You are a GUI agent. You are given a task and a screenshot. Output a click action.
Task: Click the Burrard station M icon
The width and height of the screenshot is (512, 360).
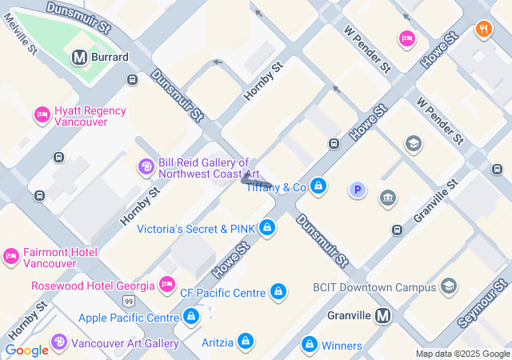[78, 57]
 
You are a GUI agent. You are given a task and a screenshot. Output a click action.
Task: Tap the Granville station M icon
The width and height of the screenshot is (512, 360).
[383, 315]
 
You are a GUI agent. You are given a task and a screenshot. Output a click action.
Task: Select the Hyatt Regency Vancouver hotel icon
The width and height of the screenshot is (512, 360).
[42, 115]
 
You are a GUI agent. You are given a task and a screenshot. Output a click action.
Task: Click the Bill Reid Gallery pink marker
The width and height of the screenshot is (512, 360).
[146, 166]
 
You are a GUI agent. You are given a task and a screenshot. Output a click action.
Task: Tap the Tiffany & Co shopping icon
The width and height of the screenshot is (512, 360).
[319, 187]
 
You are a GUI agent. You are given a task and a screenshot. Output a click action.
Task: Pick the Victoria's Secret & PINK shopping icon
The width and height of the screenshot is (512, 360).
[267, 229]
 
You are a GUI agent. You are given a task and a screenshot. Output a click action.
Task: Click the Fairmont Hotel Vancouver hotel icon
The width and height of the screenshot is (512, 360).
[10, 257]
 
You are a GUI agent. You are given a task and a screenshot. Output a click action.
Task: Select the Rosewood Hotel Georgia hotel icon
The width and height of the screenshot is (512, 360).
[167, 285]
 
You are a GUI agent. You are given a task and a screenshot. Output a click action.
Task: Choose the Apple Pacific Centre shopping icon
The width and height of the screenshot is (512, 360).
[190, 318]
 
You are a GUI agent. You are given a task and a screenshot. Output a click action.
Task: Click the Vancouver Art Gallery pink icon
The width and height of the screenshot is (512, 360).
[59, 342]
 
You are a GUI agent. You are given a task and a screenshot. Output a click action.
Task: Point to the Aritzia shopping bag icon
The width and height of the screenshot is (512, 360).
[246, 342]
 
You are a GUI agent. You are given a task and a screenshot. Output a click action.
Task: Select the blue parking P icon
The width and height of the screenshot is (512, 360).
[358, 190]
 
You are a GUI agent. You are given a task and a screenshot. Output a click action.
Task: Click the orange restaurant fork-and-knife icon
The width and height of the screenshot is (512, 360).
[483, 30]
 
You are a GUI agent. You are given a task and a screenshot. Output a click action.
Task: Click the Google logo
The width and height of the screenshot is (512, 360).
[26, 350]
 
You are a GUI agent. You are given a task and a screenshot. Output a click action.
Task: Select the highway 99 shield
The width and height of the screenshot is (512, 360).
[129, 301]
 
